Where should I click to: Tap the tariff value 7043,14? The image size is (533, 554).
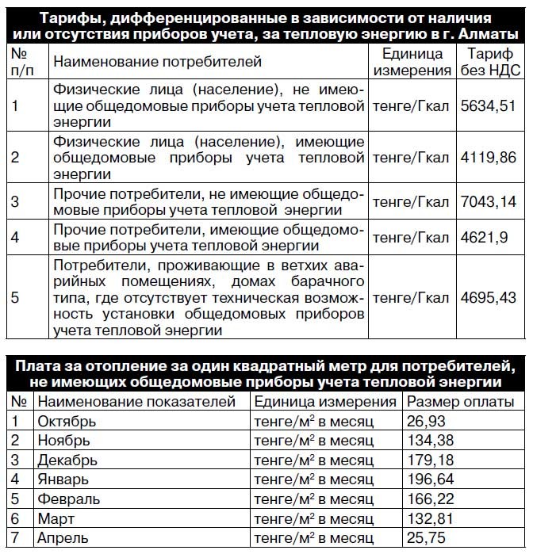pyautogui.click(x=489, y=201)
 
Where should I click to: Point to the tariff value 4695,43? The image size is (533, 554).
pyautogui.click(x=489, y=296)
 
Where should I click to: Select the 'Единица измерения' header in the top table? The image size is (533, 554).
pyautogui.click(x=412, y=61)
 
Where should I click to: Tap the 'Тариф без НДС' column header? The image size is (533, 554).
pyautogui.click(x=489, y=61)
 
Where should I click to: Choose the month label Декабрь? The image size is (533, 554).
pyautogui.click(x=64, y=459)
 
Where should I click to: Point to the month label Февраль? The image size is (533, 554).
pyautogui.click(x=67, y=499)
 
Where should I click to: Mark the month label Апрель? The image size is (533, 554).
pyautogui.click(x=63, y=537)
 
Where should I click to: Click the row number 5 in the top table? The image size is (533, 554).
pyautogui.click(x=17, y=296)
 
